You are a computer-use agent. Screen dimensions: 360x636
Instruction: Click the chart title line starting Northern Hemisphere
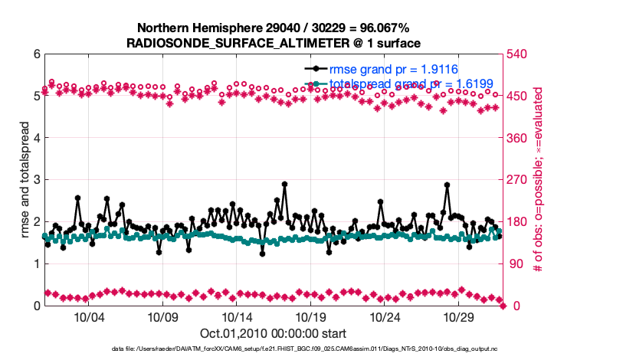273,28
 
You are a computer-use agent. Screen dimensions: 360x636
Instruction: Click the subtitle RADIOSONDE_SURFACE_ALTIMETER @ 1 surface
273,44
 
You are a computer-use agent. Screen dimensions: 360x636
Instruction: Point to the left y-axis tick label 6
36,54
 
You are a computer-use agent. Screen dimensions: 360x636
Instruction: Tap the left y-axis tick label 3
36,180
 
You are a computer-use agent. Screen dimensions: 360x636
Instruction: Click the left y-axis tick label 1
36,264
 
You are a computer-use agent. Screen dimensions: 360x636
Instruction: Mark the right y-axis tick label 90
517,264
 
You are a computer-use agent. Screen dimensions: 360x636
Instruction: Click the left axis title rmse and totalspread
24,180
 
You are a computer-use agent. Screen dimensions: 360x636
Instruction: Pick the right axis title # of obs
539,180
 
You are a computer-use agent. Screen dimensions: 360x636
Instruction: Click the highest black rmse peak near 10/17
284,184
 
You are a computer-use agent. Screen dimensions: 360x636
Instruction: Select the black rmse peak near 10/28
447,185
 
